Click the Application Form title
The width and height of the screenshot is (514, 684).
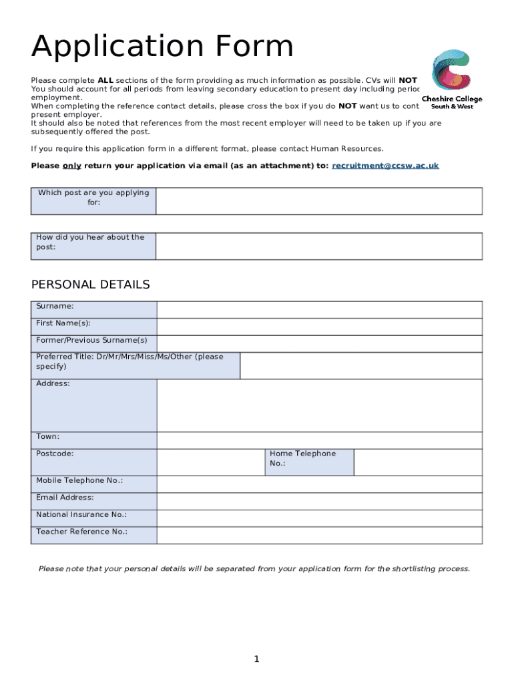162,47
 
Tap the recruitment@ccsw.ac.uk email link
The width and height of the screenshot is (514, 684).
385,166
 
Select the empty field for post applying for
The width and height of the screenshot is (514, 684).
318,201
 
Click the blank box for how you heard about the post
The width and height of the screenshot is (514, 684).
318,246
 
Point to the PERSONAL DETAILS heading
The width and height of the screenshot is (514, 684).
91,285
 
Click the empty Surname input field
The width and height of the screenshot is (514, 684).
319,310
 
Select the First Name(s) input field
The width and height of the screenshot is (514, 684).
319,327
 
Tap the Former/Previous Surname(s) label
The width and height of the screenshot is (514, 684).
91,340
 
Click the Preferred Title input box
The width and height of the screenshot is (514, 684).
360,366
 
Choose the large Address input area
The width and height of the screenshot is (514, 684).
319,405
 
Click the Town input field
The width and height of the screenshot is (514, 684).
319,440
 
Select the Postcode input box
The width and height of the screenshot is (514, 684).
210,462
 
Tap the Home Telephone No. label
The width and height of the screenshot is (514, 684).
302,458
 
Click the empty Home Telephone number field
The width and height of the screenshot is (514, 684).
417,462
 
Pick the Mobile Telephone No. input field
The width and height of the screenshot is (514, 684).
319,484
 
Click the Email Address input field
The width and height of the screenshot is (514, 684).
319,502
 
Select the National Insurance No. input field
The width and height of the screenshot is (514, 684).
319,518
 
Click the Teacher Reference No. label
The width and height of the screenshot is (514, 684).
81,532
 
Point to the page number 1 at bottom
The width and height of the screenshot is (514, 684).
256,660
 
